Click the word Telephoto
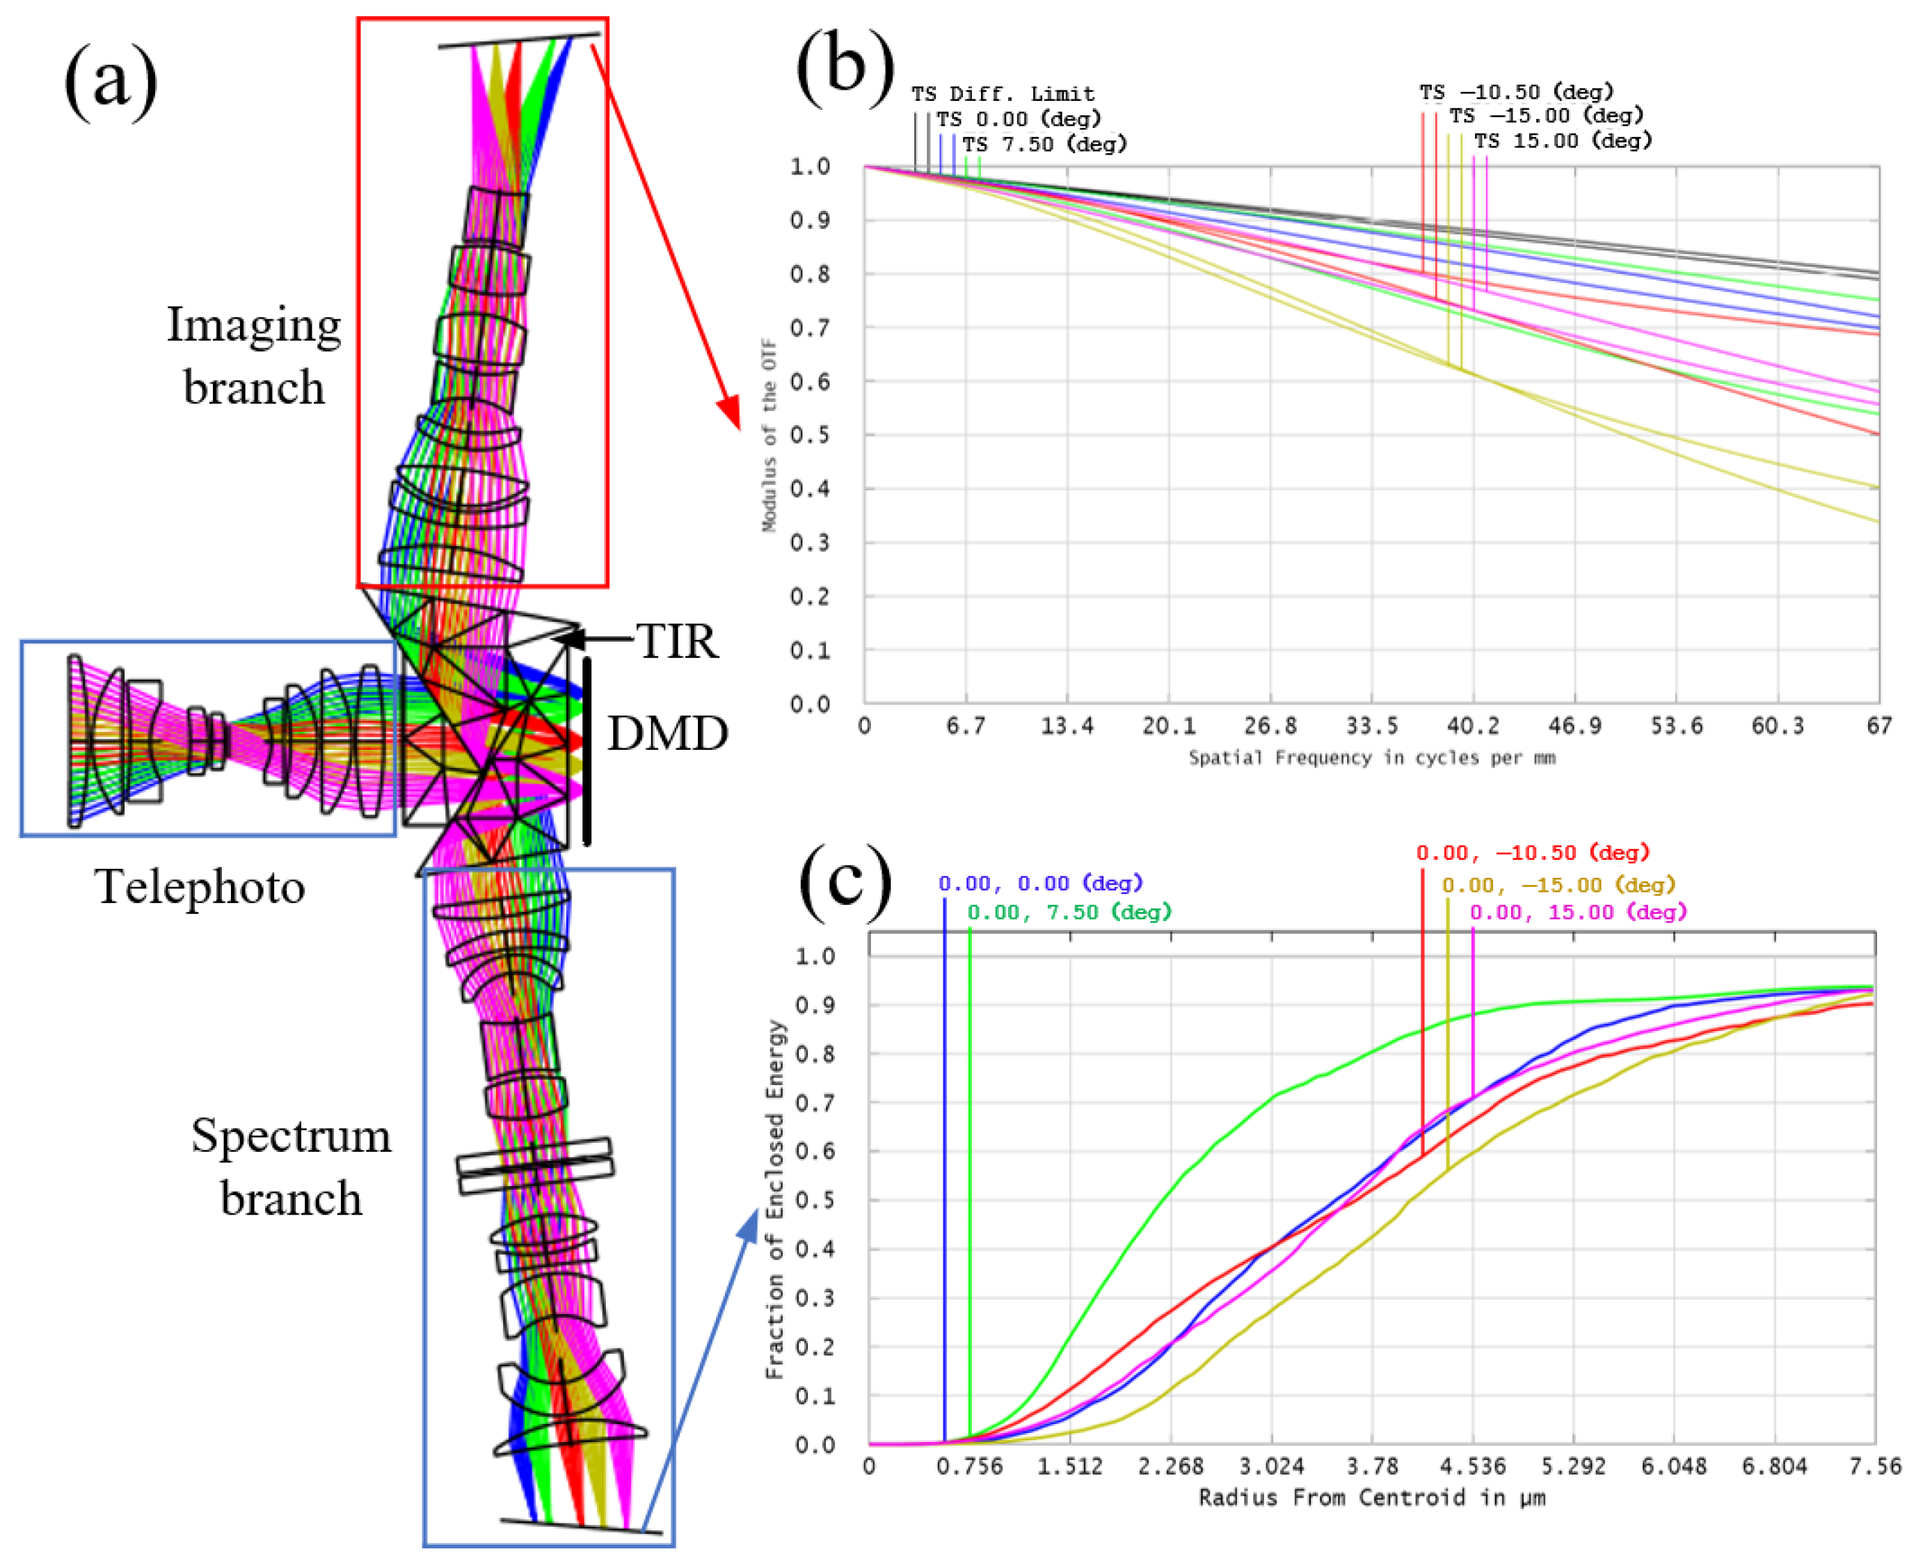click(x=200, y=887)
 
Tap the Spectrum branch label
click(x=291, y=1167)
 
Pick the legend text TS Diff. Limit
click(x=1003, y=93)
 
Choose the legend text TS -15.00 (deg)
click(x=1545, y=115)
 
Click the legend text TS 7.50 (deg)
click(x=1044, y=144)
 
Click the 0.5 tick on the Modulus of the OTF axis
click(x=810, y=435)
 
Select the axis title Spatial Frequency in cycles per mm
click(x=1372, y=758)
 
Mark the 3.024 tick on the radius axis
click(x=1271, y=1466)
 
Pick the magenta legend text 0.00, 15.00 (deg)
click(x=1578, y=912)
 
